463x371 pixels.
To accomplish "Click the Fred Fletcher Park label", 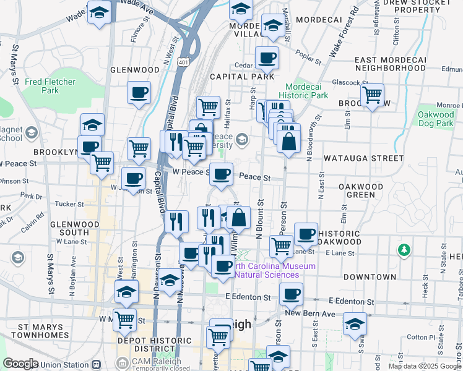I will [50, 86].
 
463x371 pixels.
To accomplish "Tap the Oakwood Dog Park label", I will [436, 119].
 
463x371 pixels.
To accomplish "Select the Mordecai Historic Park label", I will [303, 92].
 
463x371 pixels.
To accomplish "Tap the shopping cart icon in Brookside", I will [372, 96].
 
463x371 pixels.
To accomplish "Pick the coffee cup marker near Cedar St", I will [267, 58].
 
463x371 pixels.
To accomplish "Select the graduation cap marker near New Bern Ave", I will [355, 324].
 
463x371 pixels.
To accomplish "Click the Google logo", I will [21, 364].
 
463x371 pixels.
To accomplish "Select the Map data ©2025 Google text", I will [424, 366].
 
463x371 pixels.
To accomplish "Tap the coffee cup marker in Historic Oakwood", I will [306, 234].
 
